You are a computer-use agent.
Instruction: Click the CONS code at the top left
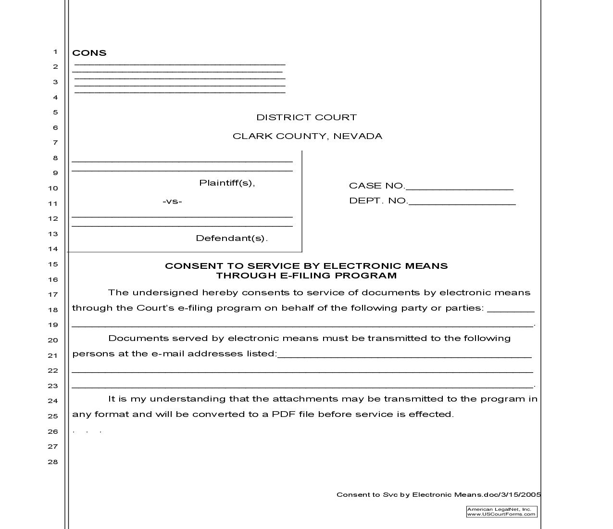point(89,53)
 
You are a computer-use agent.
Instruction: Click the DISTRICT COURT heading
point(306,117)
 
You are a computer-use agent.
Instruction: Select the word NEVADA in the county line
point(358,136)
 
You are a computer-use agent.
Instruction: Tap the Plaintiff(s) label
point(227,183)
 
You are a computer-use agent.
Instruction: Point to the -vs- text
point(172,202)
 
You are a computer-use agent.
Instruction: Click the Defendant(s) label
point(231,238)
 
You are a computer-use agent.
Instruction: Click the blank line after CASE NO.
point(459,188)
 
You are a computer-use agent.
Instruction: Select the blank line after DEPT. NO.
point(462,202)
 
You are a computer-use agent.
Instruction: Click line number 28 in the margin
point(52,462)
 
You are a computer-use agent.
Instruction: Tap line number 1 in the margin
point(55,52)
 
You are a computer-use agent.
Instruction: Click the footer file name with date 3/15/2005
point(438,494)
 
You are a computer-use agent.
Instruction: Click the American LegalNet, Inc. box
point(501,512)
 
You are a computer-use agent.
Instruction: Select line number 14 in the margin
point(52,249)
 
